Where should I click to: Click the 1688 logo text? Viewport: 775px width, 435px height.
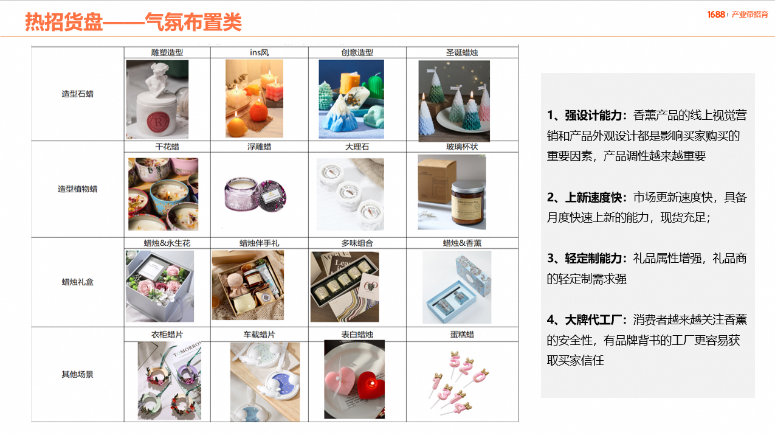point(716,15)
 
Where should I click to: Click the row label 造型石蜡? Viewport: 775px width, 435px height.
point(78,94)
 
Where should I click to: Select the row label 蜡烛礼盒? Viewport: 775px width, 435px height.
point(78,282)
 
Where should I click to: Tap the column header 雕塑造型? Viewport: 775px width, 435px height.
point(167,53)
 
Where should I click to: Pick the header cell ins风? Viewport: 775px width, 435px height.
point(259,53)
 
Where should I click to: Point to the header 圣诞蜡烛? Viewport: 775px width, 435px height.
point(462,53)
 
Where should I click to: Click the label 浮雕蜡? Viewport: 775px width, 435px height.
point(259,147)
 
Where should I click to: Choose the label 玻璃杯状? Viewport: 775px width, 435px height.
point(462,147)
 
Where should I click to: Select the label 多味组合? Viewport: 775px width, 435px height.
point(357,243)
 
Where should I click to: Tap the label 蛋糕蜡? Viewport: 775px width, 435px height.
point(462,335)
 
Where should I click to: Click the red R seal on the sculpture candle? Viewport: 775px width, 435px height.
point(158,122)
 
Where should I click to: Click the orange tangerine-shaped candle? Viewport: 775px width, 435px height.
point(258,111)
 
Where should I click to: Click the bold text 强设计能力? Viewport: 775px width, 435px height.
point(593,116)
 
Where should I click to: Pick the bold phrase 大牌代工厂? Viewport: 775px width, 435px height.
point(593,319)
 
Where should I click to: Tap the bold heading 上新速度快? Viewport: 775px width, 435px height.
point(593,197)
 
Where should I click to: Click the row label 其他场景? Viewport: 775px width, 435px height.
point(78,374)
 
